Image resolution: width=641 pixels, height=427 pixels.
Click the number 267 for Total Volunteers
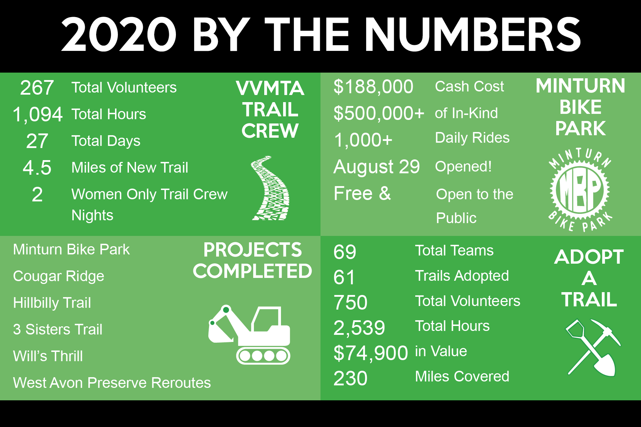pyautogui.click(x=37, y=88)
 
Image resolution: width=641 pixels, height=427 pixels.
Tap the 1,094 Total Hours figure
pyautogui.click(x=37, y=115)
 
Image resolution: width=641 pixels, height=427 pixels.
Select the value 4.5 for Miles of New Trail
pyautogui.click(x=37, y=168)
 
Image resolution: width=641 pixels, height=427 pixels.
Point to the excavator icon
pyautogui.click(x=249, y=334)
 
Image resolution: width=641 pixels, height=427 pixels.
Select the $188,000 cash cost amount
pyautogui.click(x=373, y=87)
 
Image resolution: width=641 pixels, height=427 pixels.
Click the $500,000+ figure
pyautogui.click(x=379, y=114)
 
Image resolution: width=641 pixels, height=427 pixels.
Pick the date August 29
pyautogui.click(x=377, y=167)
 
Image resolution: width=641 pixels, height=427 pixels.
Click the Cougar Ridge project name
pyautogui.click(x=59, y=276)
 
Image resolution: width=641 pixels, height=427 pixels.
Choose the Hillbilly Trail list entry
pyautogui.click(x=52, y=303)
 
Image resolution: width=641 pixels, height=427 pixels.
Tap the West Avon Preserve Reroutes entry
pyautogui.click(x=112, y=383)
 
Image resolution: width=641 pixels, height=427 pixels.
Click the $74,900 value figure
pyautogui.click(x=371, y=353)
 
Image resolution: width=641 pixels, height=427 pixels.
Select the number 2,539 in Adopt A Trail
pyautogui.click(x=359, y=328)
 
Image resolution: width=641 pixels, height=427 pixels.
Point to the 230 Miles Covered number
pyautogui.click(x=350, y=378)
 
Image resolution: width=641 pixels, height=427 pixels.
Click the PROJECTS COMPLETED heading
pyautogui.click(x=252, y=260)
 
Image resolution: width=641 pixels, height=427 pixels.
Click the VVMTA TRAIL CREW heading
pyautogui.click(x=270, y=110)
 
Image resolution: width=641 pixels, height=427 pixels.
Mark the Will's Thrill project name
pyautogui.click(x=48, y=356)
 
